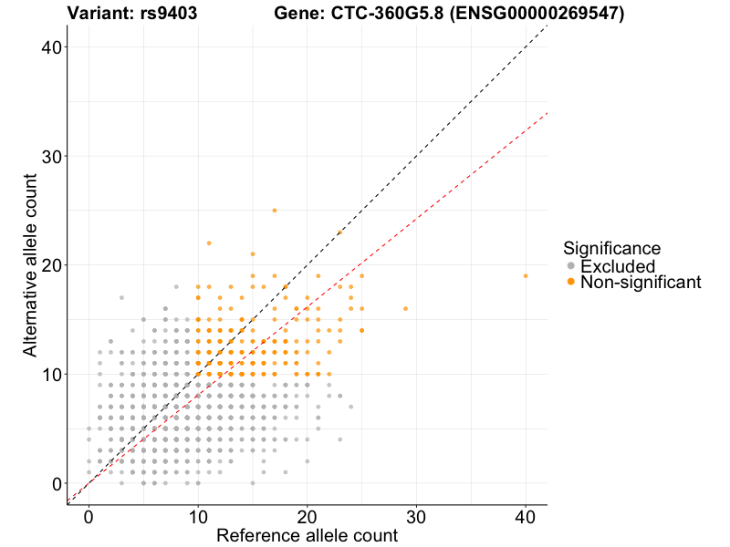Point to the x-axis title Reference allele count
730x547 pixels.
click(307, 535)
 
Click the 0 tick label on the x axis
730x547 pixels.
click(89, 516)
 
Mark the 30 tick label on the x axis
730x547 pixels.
click(416, 516)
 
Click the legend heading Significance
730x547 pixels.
click(611, 247)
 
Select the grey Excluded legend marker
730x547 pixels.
click(571, 266)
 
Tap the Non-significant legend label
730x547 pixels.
click(641, 283)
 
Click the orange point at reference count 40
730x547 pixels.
click(526, 275)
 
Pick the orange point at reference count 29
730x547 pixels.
click(405, 308)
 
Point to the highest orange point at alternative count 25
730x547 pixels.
click(275, 210)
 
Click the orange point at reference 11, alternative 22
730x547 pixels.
click(209, 243)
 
